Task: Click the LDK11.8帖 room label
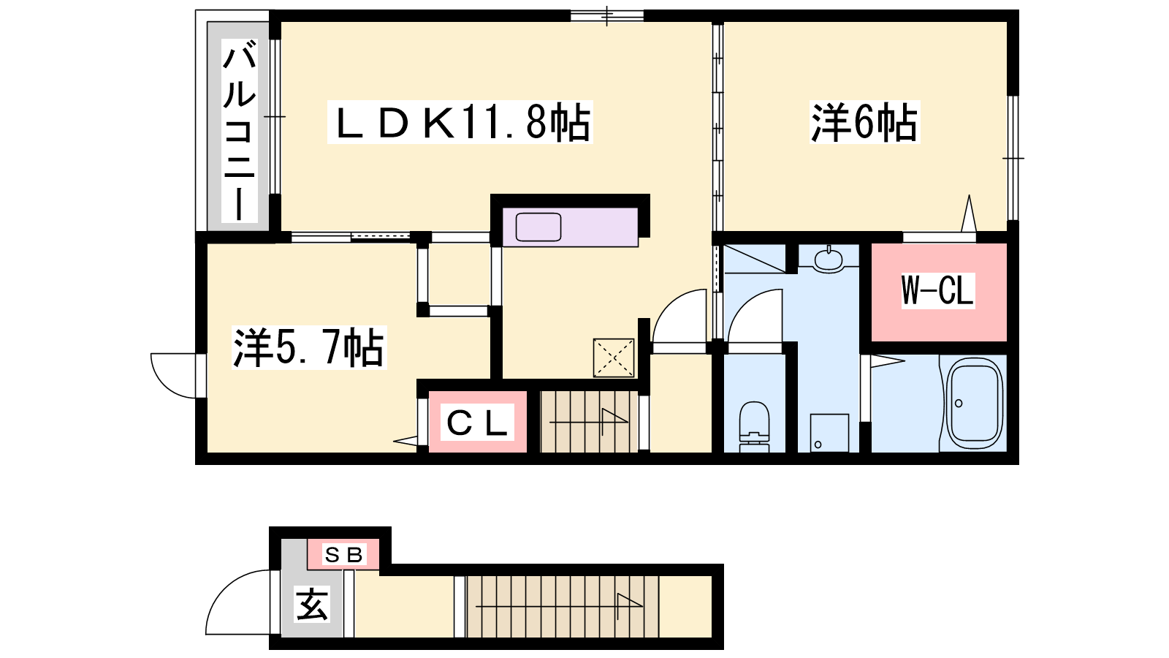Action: click(x=460, y=122)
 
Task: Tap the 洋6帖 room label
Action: click(x=864, y=122)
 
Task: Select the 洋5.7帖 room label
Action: click(x=309, y=347)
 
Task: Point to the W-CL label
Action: click(x=938, y=290)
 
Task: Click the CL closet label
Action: click(x=477, y=423)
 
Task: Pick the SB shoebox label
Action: click(x=344, y=555)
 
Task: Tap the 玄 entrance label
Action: click(x=312, y=604)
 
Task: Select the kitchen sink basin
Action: click(x=538, y=227)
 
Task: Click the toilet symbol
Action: click(x=755, y=426)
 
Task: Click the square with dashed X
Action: click(x=614, y=358)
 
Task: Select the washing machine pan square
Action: click(x=829, y=433)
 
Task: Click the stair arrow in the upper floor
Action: click(x=589, y=421)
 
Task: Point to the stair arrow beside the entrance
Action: click(x=558, y=606)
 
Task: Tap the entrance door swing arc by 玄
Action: click(x=224, y=590)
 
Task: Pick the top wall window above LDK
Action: click(x=606, y=15)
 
